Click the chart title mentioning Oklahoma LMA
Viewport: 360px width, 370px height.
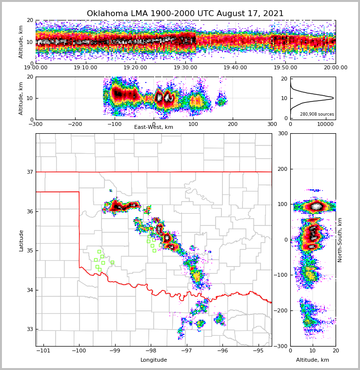[x=185, y=14]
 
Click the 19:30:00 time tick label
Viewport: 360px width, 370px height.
[x=185, y=68]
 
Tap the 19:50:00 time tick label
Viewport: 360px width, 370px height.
[x=285, y=68]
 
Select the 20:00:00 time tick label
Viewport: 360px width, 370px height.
[x=335, y=68]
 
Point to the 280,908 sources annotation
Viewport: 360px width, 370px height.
[x=317, y=114]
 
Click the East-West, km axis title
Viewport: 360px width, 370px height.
[x=154, y=127]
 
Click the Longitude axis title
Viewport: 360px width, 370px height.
[x=154, y=360]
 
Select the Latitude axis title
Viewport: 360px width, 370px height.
[x=21, y=240]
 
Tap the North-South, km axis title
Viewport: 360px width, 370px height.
[x=340, y=240]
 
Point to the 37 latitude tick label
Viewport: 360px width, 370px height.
[x=29, y=172]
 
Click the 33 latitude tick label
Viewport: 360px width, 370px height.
[x=29, y=329]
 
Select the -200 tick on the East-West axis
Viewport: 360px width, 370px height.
[x=75, y=124]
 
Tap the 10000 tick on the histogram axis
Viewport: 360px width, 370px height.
[x=325, y=124]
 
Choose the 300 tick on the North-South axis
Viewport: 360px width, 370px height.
[x=282, y=134]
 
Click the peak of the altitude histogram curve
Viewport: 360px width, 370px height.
[x=333, y=98]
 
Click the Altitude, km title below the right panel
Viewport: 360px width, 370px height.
[x=313, y=360]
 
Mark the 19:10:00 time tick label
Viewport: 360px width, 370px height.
[x=85, y=68]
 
